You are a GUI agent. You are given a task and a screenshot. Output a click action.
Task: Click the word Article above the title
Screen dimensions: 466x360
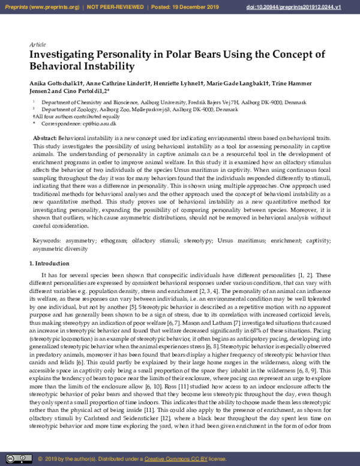37,45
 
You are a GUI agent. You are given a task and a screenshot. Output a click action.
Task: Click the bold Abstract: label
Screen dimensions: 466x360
45,139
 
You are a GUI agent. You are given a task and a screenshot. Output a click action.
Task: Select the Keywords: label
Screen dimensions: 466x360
46,241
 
